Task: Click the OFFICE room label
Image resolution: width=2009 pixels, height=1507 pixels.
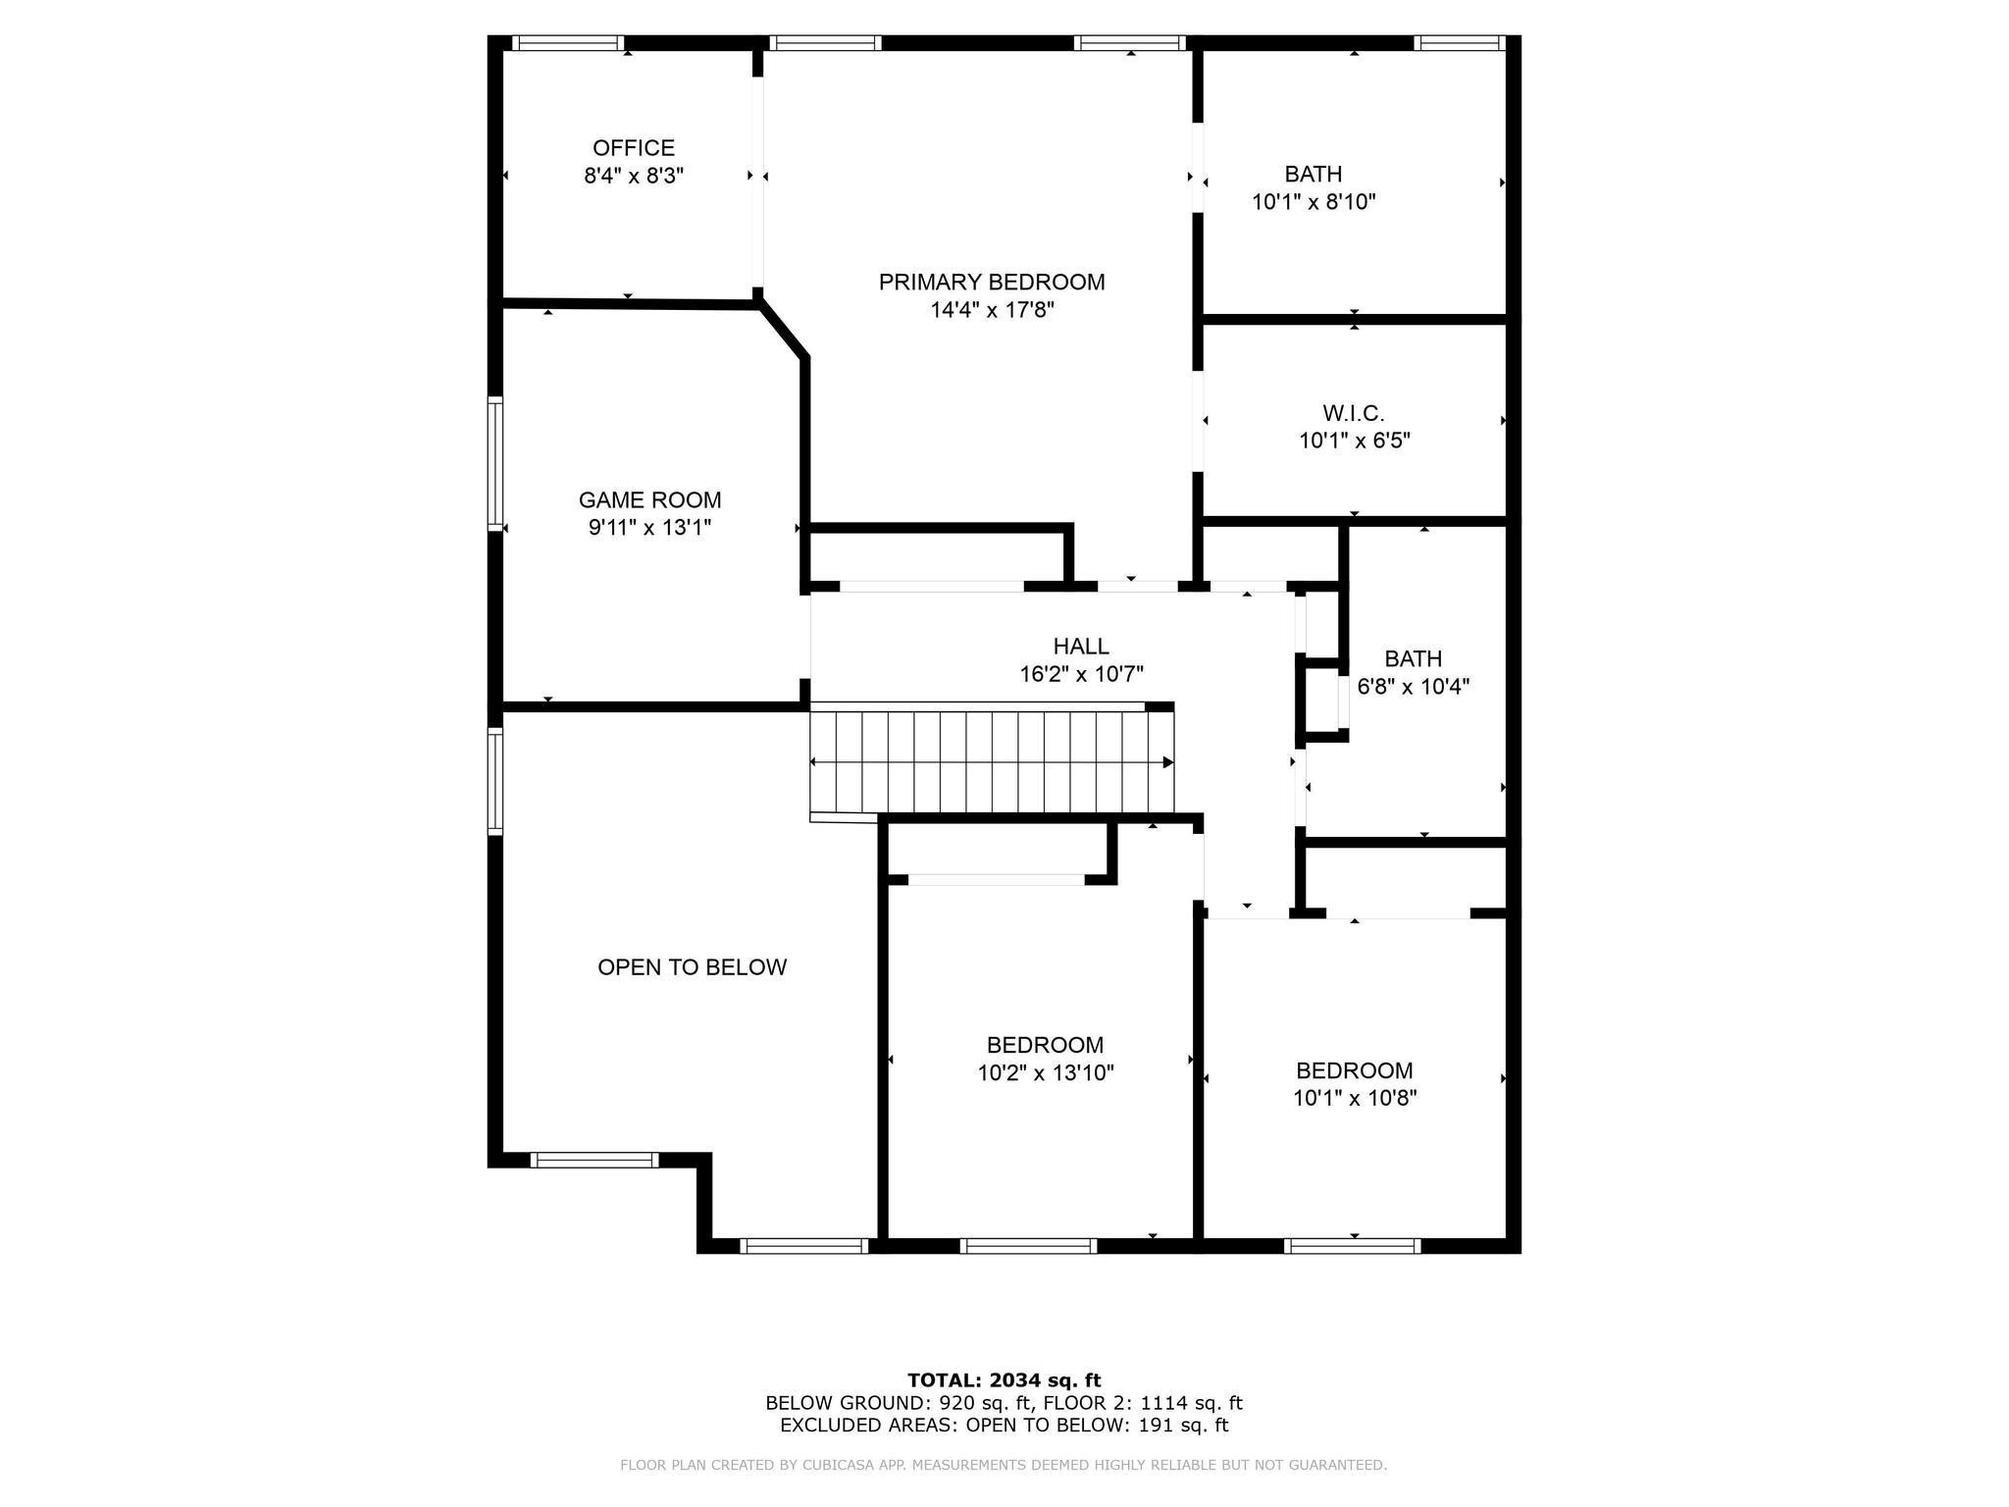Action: (x=634, y=148)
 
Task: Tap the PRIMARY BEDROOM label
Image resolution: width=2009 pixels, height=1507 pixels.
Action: (x=991, y=283)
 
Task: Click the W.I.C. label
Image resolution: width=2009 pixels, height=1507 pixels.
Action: (x=1353, y=413)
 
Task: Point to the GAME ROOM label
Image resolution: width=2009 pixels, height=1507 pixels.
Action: (x=649, y=500)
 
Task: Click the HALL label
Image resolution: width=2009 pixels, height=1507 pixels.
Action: (x=1080, y=647)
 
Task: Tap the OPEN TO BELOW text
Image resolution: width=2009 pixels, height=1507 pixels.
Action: (x=692, y=967)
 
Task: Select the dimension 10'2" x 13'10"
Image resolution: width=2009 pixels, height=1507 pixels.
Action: (x=1045, y=1073)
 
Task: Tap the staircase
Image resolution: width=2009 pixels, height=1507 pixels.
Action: (x=991, y=763)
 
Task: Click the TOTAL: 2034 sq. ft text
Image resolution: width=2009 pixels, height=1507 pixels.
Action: (x=1004, y=1380)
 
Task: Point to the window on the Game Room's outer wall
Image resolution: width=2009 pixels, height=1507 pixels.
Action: (x=495, y=463)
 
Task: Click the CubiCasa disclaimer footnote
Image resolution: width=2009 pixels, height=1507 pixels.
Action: (x=1003, y=1465)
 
